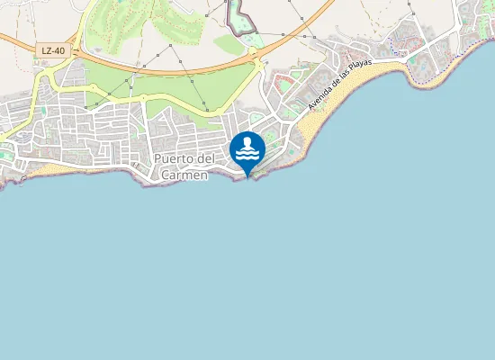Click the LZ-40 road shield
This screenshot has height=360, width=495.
point(52,50)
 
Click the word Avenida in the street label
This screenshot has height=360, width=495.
point(319,99)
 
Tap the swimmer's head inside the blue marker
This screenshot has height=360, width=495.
point(247,142)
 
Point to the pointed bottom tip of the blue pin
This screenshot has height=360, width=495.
point(247,176)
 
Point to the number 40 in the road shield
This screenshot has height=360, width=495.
point(59,50)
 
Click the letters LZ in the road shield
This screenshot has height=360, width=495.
point(46,50)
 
